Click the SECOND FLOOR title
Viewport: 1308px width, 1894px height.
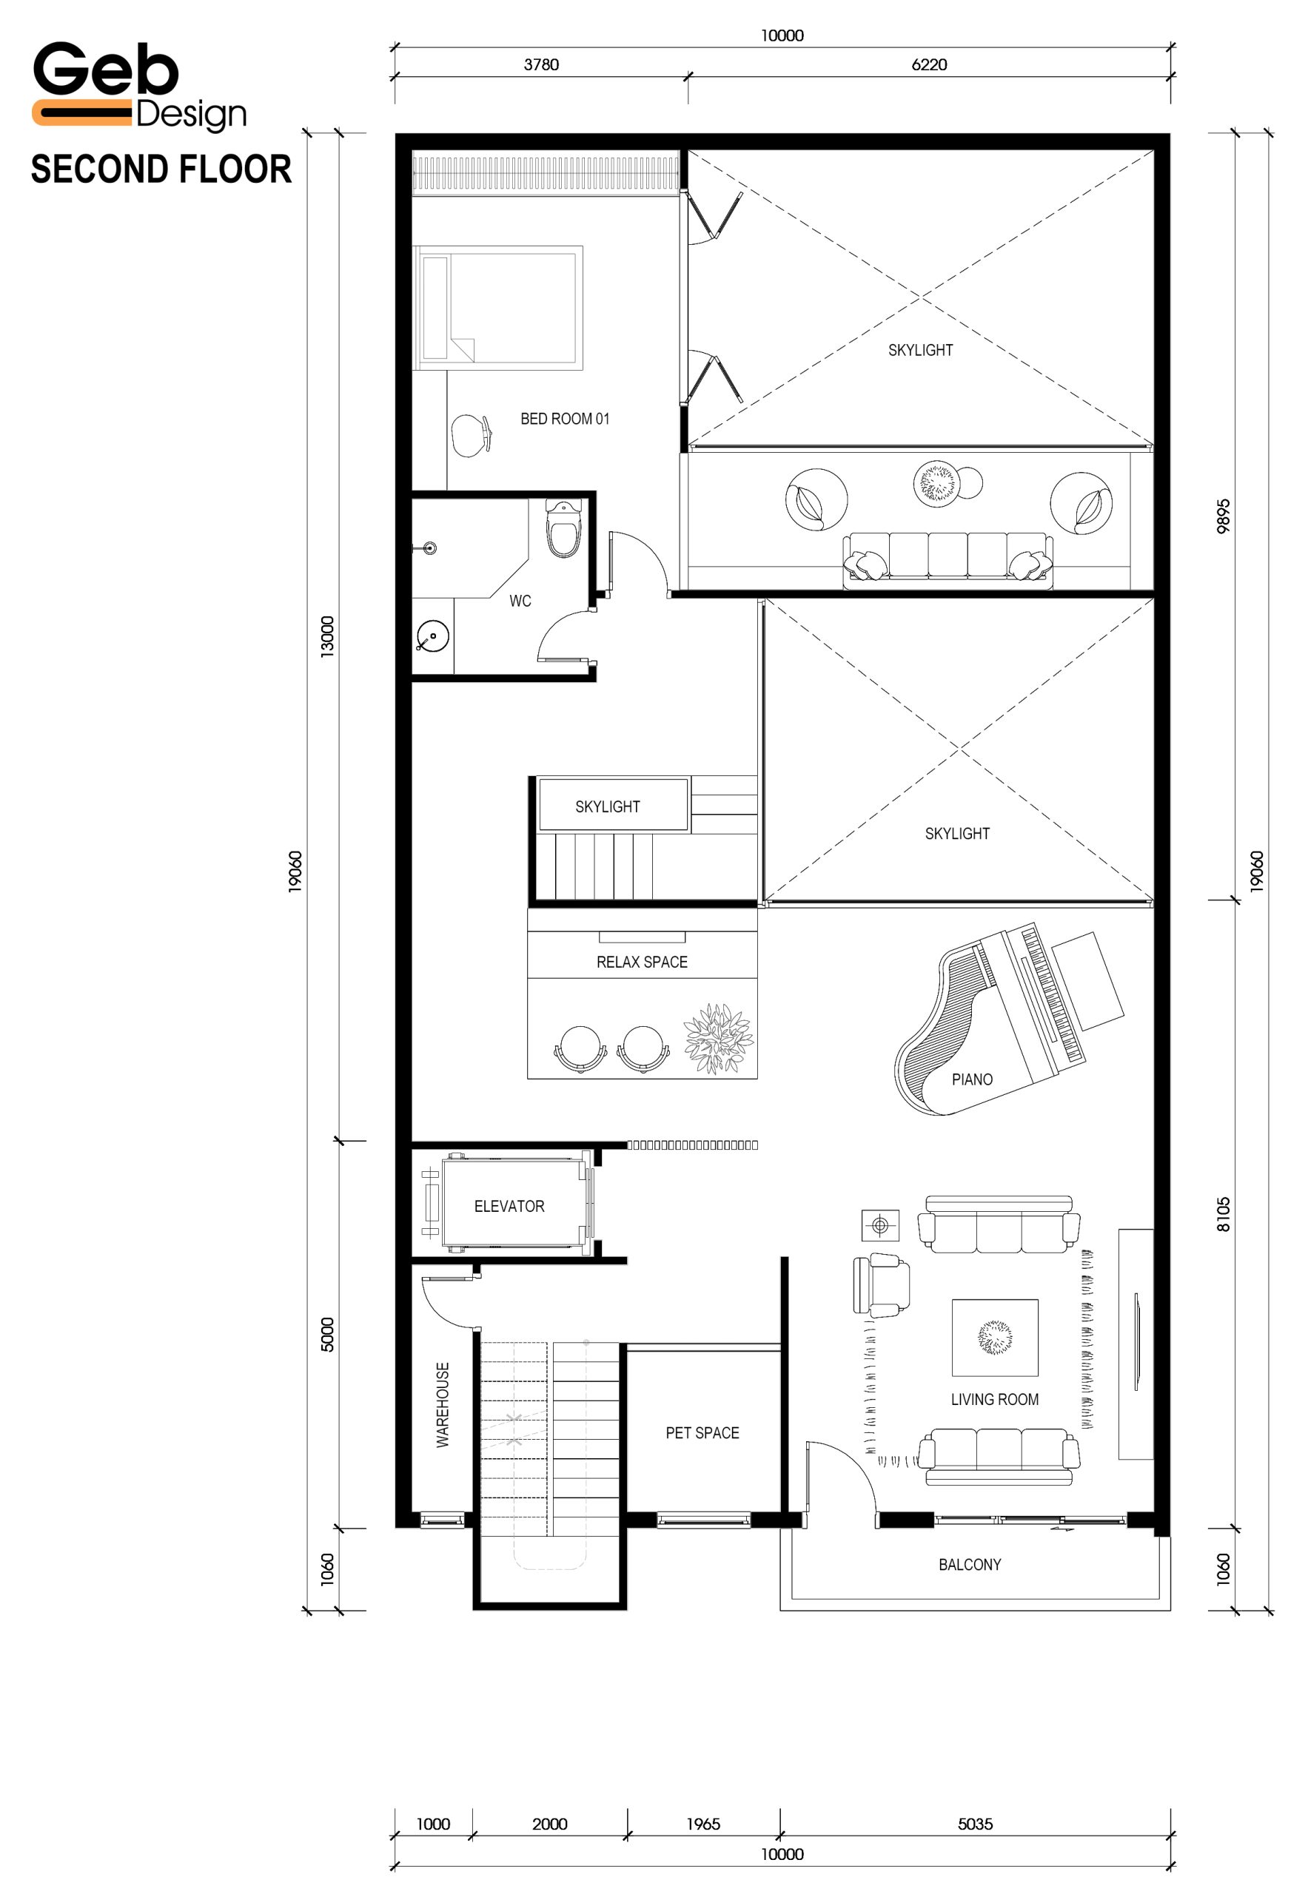coord(161,169)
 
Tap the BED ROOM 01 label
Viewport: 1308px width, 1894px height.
coord(565,419)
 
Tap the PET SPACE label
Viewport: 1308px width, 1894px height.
coord(702,1433)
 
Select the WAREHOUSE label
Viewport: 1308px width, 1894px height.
coord(443,1405)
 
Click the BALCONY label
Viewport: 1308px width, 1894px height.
coord(970,1565)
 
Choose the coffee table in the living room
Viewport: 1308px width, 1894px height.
coord(995,1338)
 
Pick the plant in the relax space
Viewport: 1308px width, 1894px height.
coord(718,1039)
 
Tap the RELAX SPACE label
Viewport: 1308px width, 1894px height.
coord(642,962)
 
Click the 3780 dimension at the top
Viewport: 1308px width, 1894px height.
coord(541,64)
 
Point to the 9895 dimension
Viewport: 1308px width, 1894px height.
coord(1224,516)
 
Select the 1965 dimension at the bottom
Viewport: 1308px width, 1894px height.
coord(703,1824)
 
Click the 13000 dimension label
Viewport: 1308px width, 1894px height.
coord(327,636)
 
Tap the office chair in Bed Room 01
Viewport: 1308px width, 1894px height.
coord(472,435)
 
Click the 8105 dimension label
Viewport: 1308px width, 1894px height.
coord(1224,1214)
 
